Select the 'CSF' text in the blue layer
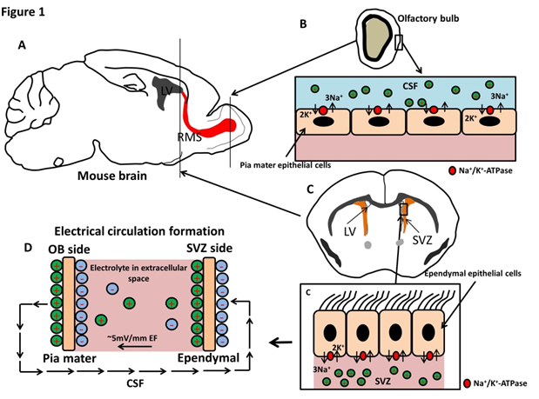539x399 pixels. (x=409, y=86)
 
